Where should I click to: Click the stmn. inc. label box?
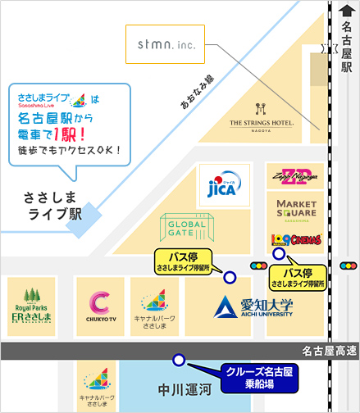coord(160,43)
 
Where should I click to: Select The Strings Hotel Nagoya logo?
coord(262,116)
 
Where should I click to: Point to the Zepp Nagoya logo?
coord(290,176)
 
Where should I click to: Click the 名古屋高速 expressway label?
coord(326,351)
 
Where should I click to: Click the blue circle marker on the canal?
coord(177,361)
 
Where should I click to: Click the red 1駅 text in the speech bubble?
coord(83,132)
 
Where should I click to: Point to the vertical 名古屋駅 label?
coord(346,49)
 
